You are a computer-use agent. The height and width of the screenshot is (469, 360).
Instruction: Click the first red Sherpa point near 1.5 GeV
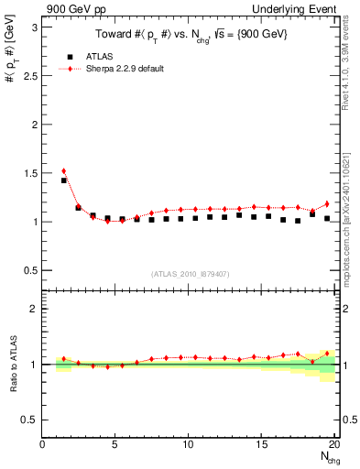coord(63,170)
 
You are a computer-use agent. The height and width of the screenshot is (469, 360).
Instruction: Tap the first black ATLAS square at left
coord(63,180)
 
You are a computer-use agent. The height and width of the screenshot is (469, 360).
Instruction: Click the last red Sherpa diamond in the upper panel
coord(327,203)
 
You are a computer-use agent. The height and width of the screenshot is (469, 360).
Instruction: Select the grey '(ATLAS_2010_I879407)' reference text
coord(191,273)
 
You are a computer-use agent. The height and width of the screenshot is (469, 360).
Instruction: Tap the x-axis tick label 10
coord(188,445)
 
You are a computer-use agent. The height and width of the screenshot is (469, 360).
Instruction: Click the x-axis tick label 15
coord(261,445)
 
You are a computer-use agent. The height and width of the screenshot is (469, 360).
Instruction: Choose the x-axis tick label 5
coord(115,445)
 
